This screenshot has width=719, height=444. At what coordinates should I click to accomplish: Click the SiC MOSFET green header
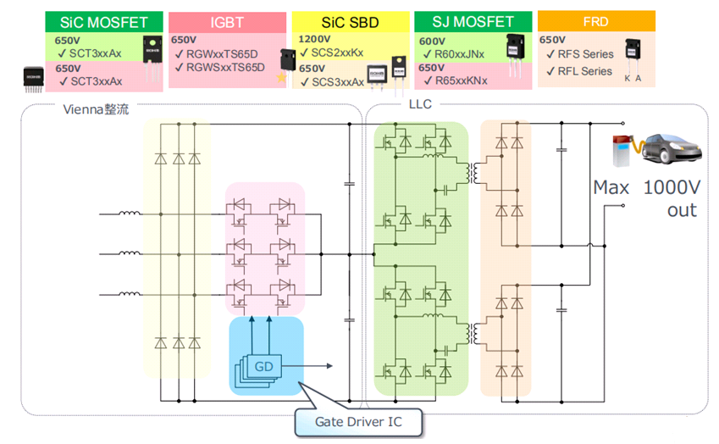105,22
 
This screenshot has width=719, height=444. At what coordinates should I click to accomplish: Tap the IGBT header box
226,22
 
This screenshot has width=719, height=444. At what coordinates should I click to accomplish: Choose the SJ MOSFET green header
472,22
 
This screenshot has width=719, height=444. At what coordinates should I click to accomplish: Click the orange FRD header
596,20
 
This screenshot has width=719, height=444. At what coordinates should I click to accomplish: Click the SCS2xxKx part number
335,53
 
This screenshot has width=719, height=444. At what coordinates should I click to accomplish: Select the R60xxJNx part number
458,54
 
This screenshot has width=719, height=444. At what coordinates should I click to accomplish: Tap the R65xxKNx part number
458,81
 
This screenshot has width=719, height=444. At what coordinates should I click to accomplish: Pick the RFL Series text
583,71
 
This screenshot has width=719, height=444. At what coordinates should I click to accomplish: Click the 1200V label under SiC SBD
315,39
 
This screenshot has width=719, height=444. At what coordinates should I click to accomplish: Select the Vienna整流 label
96,110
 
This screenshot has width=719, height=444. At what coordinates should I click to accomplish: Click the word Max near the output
611,188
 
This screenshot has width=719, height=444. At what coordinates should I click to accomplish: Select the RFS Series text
584,55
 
